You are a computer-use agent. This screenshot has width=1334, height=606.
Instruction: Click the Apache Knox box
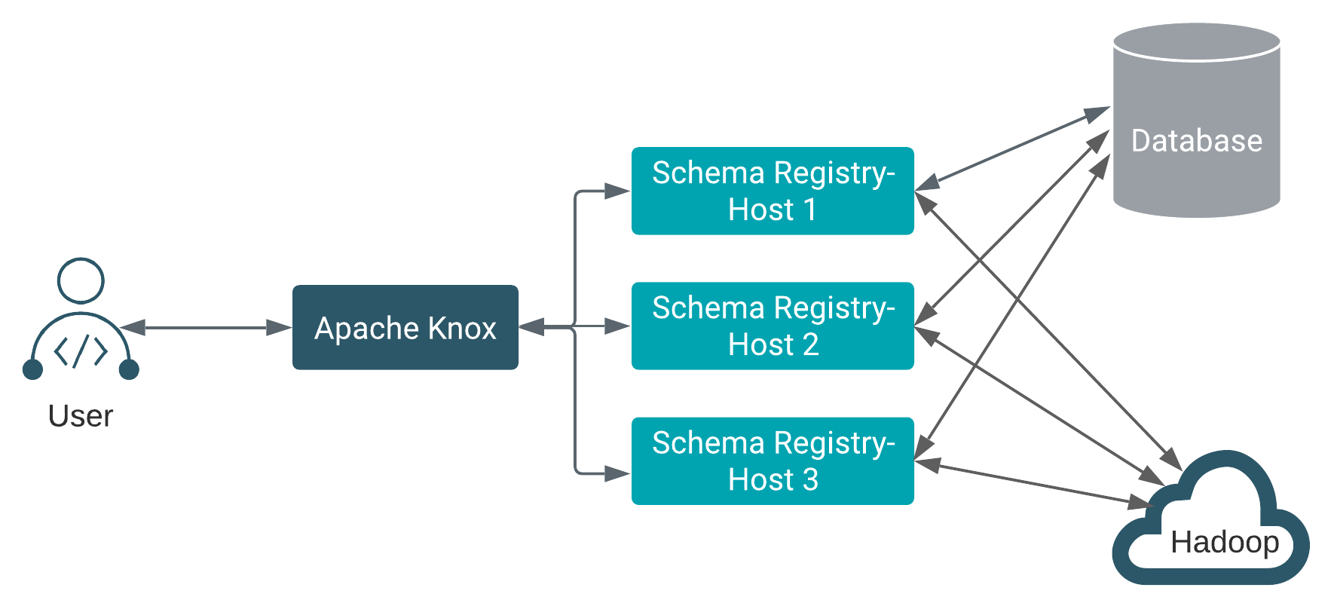click(x=405, y=327)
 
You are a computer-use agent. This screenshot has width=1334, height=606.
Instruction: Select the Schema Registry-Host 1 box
click(x=772, y=191)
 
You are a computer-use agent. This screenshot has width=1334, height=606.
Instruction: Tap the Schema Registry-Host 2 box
click(x=772, y=326)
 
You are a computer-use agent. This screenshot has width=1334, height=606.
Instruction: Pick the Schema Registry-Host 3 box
click(x=772, y=461)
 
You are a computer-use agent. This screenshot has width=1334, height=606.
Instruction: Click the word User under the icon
click(x=80, y=416)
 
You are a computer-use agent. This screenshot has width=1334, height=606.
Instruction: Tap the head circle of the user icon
click(x=81, y=281)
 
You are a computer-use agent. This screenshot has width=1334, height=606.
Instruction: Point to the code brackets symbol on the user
click(x=81, y=350)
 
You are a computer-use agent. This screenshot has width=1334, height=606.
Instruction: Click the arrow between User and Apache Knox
click(x=205, y=327)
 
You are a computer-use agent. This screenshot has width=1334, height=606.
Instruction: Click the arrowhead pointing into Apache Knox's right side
click(x=531, y=327)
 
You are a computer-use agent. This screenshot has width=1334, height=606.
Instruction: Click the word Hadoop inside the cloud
click(x=1225, y=542)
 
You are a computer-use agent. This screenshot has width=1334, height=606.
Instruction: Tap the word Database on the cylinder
click(x=1196, y=141)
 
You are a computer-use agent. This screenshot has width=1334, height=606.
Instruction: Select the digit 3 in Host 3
click(x=810, y=479)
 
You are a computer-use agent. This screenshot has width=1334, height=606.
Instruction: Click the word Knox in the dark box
click(x=462, y=328)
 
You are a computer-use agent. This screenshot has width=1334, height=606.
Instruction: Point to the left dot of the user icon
click(x=32, y=369)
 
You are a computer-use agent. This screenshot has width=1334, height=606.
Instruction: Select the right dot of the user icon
click(x=129, y=369)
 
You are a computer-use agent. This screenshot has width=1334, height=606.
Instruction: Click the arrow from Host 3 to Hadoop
click(x=1033, y=482)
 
